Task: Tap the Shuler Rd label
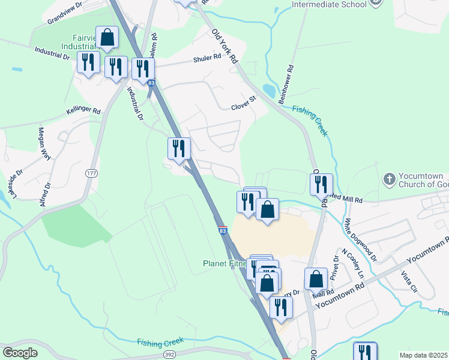(x=207, y=59)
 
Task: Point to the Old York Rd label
(x=225, y=46)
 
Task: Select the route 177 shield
(x=91, y=173)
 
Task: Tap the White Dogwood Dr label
(x=360, y=240)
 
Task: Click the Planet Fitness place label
(x=225, y=263)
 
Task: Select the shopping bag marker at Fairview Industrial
(x=107, y=38)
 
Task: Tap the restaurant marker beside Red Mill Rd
(x=321, y=184)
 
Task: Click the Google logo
(x=20, y=353)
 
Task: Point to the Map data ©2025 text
(x=423, y=355)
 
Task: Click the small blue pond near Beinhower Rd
(x=269, y=91)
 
